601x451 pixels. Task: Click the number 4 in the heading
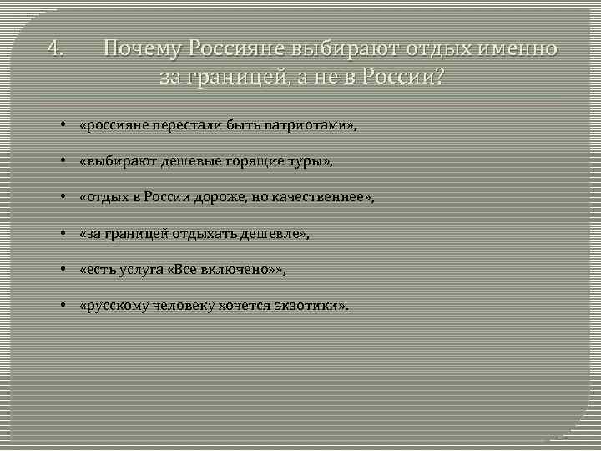pyautogui.click(x=54, y=48)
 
